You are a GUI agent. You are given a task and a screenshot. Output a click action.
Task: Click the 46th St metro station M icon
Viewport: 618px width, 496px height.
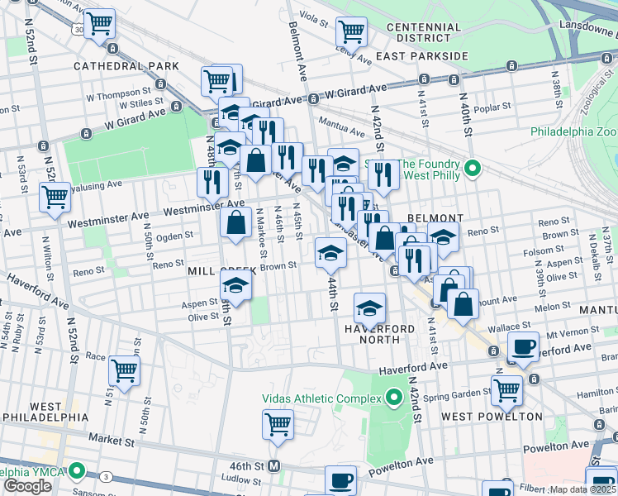tap(274, 466)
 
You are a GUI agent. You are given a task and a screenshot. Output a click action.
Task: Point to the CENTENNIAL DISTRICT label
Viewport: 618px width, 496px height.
tap(424, 33)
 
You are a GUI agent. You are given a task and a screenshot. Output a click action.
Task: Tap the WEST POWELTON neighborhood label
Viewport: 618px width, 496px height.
tap(492, 416)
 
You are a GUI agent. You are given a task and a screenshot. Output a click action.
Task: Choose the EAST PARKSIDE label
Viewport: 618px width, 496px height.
tap(421, 56)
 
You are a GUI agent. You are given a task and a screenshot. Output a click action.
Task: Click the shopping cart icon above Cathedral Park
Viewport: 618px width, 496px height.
tap(100, 25)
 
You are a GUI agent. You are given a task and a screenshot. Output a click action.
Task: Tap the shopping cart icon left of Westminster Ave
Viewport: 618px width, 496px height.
tap(55, 198)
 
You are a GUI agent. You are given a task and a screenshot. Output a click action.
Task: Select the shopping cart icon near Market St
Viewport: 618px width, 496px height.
tap(278, 424)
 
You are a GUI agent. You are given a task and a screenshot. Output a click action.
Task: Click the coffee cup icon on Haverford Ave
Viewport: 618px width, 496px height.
tap(523, 348)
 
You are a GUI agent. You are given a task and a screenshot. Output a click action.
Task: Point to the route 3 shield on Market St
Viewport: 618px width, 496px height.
tap(106, 477)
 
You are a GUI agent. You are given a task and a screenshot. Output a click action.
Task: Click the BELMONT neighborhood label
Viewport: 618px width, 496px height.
tap(435, 217)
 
